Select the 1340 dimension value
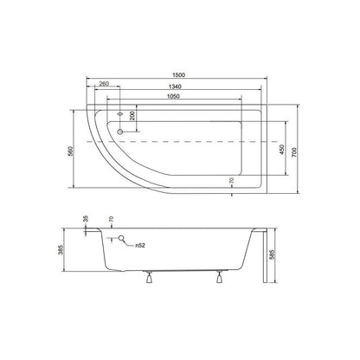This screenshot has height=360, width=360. pyautogui.click(x=175, y=87)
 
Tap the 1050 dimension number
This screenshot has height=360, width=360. pyautogui.click(x=173, y=96)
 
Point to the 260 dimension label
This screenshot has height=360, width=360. pyautogui.click(x=104, y=84)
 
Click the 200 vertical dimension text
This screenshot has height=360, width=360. pyautogui.click(x=132, y=116)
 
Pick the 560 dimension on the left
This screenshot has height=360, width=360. pyautogui.click(x=70, y=151)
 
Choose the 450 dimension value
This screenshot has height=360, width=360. pyautogui.click(x=282, y=149)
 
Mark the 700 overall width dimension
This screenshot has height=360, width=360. pyautogui.click(x=294, y=152)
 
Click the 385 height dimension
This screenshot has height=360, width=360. pyautogui.click(x=61, y=250)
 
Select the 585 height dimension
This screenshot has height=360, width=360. pyautogui.click(x=273, y=254)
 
